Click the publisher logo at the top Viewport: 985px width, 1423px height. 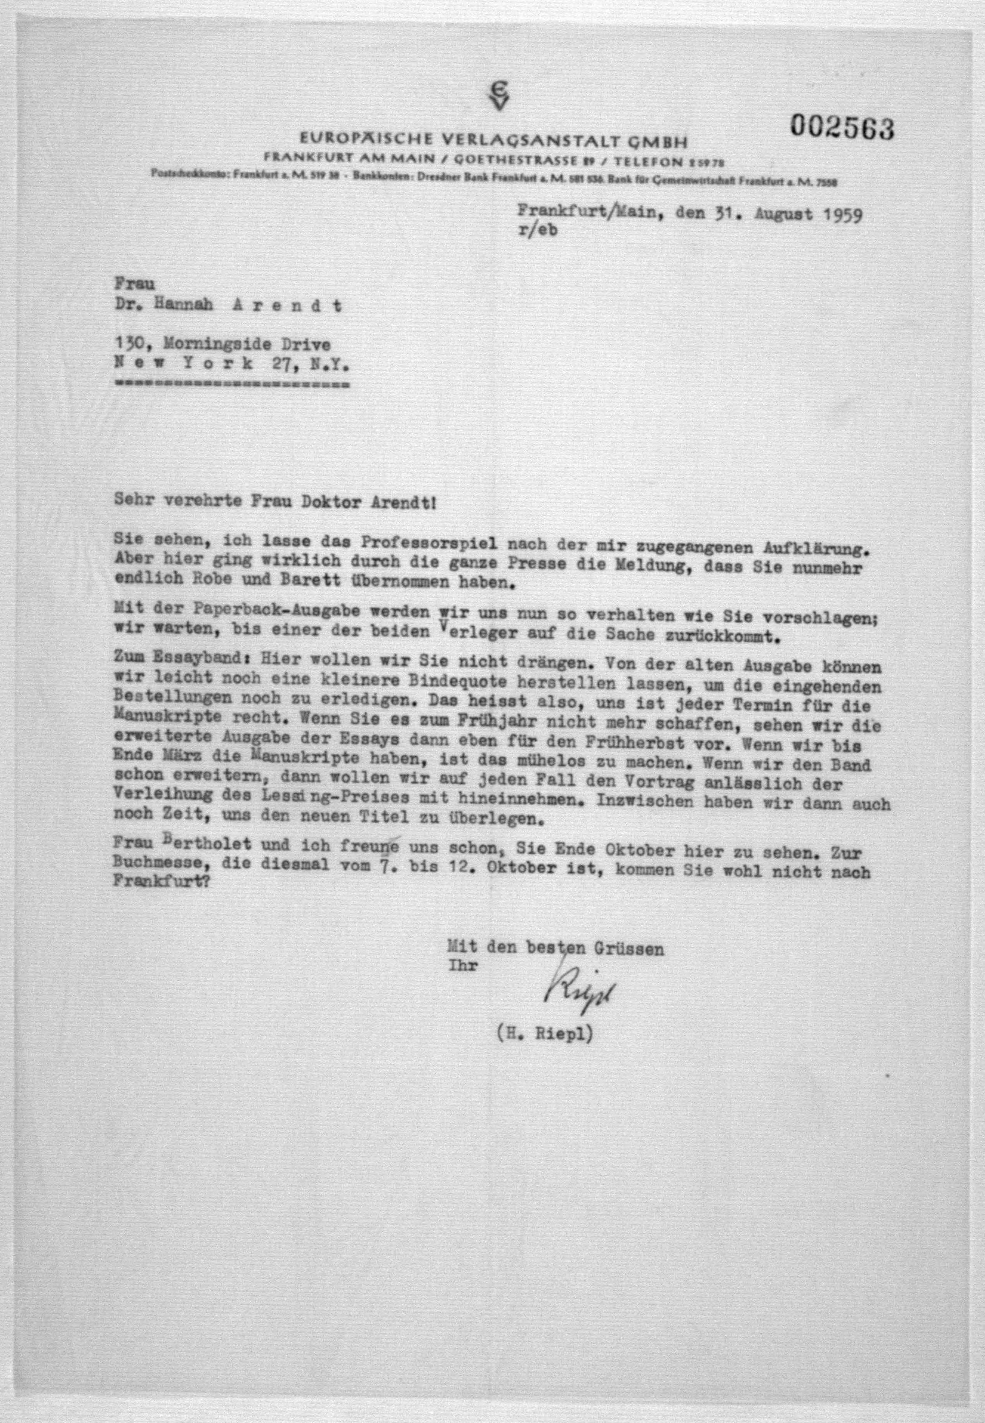click(497, 98)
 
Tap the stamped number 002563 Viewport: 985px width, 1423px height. click(842, 128)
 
